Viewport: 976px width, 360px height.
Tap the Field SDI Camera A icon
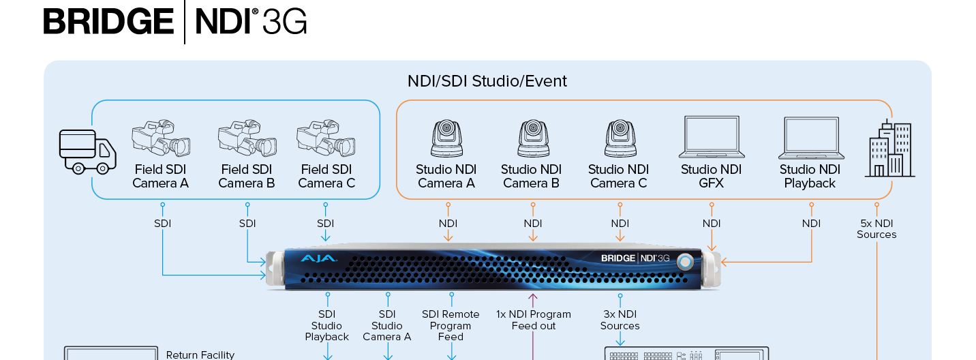click(160, 138)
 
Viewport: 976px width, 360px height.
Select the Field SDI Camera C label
click(326, 176)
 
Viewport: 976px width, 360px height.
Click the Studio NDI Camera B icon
click(531, 138)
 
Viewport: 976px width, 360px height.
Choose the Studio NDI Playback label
click(810, 176)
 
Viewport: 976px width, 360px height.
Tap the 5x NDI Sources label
click(876, 229)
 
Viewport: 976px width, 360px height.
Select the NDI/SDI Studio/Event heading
click(487, 81)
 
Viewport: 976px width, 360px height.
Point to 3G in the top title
click(284, 22)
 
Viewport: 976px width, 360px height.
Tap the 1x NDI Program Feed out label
click(534, 320)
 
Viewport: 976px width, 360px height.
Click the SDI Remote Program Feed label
click(451, 325)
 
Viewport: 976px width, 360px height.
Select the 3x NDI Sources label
click(620, 320)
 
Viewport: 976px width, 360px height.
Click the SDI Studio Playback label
click(327, 325)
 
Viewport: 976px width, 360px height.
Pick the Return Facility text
click(200, 355)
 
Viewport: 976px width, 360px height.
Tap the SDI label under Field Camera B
click(247, 223)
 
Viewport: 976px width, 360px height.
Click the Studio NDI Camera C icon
click(620, 138)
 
